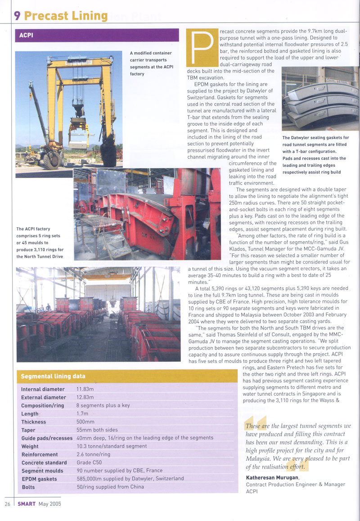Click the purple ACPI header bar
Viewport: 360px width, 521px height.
point(97,35)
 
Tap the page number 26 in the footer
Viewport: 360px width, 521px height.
point(8,503)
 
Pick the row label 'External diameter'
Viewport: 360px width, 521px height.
point(44,397)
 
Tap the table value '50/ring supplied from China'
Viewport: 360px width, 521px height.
point(111,487)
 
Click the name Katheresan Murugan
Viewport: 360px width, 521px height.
point(276,477)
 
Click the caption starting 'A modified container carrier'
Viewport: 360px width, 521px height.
point(151,63)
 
